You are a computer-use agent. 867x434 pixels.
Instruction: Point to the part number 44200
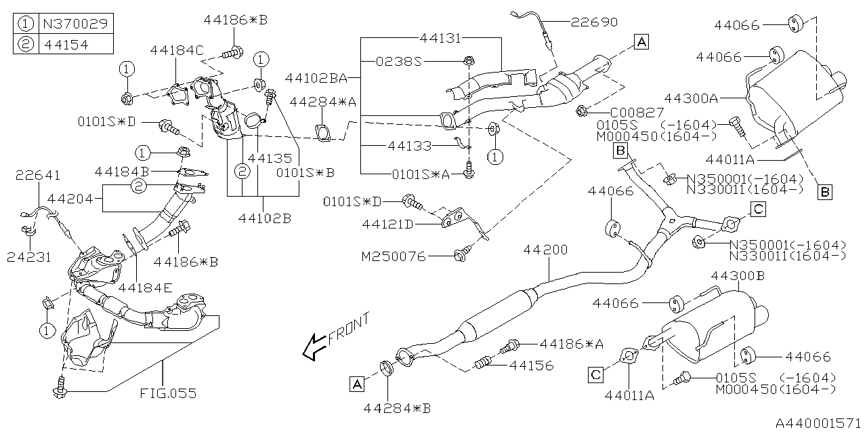tap(545, 251)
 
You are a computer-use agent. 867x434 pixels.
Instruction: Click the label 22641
tap(38, 176)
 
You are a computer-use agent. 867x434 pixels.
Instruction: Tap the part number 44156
tap(531, 366)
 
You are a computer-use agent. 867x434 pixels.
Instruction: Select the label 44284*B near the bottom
tap(397, 408)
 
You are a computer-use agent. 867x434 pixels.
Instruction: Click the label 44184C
tap(177, 50)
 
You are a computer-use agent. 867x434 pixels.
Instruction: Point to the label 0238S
tap(399, 61)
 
